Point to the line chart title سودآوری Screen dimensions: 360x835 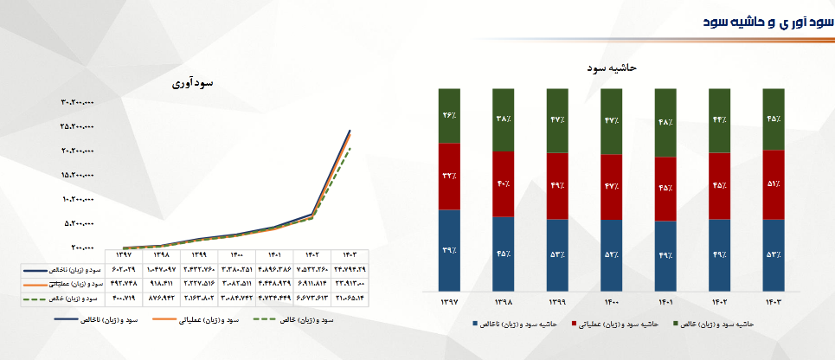tap(192, 84)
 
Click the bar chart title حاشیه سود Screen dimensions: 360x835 tap(613, 67)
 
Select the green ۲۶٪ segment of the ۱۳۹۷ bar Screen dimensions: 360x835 tap(449, 115)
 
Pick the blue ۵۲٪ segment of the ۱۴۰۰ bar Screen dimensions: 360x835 tap(613, 254)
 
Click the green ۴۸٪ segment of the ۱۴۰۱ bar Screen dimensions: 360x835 tap(666, 122)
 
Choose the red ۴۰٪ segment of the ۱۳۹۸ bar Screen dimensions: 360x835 tap(504, 183)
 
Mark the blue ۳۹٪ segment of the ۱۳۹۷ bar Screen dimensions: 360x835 tap(449, 250)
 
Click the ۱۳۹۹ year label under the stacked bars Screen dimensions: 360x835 tap(558, 302)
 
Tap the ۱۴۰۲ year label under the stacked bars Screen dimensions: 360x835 tap(720, 302)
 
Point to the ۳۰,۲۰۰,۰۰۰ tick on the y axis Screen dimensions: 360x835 tap(77, 102)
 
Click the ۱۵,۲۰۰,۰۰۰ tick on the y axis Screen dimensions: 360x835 tap(77, 175)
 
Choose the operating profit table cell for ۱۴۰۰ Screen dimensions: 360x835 tap(235, 284)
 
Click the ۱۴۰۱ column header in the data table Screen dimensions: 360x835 tap(273, 255)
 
